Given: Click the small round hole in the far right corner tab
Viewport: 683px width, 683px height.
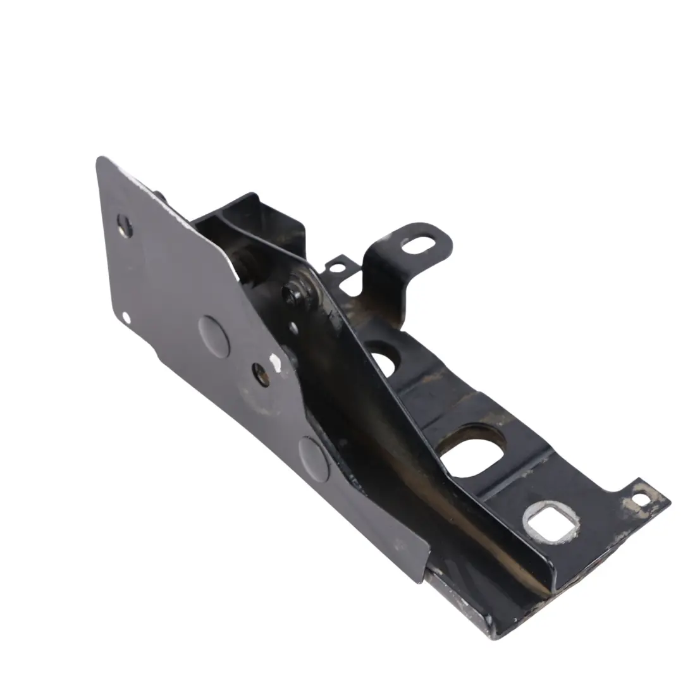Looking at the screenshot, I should pos(641,499).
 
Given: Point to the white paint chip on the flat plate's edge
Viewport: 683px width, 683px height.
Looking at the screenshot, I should pos(274,362).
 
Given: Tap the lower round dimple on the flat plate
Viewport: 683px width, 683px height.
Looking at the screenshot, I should pos(314,458).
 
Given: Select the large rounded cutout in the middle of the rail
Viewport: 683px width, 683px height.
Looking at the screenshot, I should pos(472,452).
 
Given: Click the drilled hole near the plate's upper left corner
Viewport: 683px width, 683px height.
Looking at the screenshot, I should pos(125,225).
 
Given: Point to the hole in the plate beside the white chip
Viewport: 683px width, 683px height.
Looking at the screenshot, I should pos(261,374).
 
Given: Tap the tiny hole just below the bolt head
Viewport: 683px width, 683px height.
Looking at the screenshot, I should pos(293,328).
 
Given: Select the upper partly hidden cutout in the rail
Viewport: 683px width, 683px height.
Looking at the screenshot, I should pos(383,361).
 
